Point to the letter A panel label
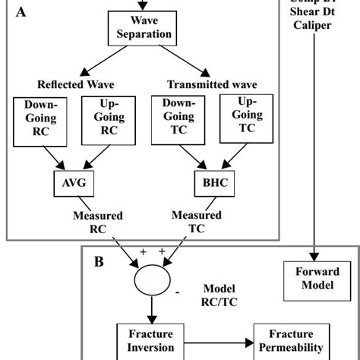tap(20, 12)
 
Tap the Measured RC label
tap(97, 222)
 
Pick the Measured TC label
tap(196, 222)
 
